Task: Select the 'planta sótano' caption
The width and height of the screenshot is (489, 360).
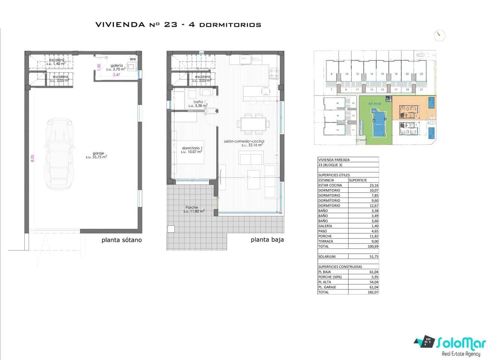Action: [x=121, y=240]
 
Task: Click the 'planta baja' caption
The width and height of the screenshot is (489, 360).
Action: [x=267, y=240]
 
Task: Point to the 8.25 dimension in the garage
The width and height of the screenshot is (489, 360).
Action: [x=32, y=158]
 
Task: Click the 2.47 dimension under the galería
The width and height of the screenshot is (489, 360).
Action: [x=117, y=75]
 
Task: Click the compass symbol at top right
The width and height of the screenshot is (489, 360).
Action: [x=439, y=36]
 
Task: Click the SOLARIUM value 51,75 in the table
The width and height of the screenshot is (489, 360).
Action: [x=363, y=257]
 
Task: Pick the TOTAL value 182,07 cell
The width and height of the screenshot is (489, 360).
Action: [x=363, y=292]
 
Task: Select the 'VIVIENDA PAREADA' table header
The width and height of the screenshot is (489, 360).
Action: [x=334, y=160]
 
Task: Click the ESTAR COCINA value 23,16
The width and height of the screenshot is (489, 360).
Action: [x=363, y=185]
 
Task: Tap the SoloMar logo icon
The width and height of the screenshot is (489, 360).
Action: [x=424, y=342]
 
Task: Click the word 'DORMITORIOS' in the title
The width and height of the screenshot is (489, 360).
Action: [x=230, y=25]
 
